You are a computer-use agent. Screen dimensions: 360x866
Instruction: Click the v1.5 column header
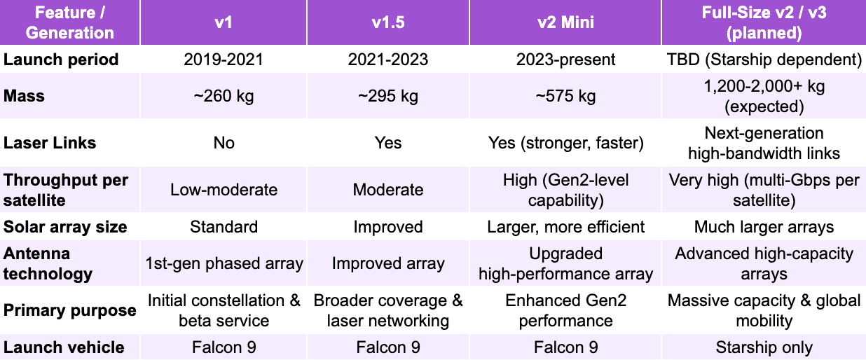coord(387,22)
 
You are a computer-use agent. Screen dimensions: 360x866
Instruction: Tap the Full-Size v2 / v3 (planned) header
coord(764,22)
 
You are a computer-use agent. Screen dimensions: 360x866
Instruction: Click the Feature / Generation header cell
coord(70,22)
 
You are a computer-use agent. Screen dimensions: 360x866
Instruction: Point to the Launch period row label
coord(61,60)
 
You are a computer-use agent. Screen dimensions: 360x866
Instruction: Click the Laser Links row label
coord(50,143)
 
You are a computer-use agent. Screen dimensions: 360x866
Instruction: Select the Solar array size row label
coord(65,227)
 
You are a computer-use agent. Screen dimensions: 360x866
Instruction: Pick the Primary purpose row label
coord(69,310)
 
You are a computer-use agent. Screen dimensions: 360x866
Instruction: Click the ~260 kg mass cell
coord(224,96)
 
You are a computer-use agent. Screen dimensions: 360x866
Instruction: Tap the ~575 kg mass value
coord(565,96)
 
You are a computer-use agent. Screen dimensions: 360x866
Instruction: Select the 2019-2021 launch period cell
coord(224,60)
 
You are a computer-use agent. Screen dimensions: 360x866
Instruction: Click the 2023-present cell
coord(565,60)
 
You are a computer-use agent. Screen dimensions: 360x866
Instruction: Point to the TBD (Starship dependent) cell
coord(764,60)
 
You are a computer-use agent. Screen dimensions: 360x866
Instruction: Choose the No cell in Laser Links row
coord(224,143)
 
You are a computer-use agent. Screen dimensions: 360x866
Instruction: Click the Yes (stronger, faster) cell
coord(565,143)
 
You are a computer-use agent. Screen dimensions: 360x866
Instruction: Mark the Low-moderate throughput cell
coord(224,190)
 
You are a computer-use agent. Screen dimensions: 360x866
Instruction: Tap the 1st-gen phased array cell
coord(224,263)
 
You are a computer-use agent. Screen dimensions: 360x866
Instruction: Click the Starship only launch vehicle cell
coord(764,347)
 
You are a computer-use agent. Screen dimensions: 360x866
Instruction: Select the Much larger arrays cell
coord(764,227)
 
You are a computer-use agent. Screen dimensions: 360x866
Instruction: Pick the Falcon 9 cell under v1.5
coord(387,347)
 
